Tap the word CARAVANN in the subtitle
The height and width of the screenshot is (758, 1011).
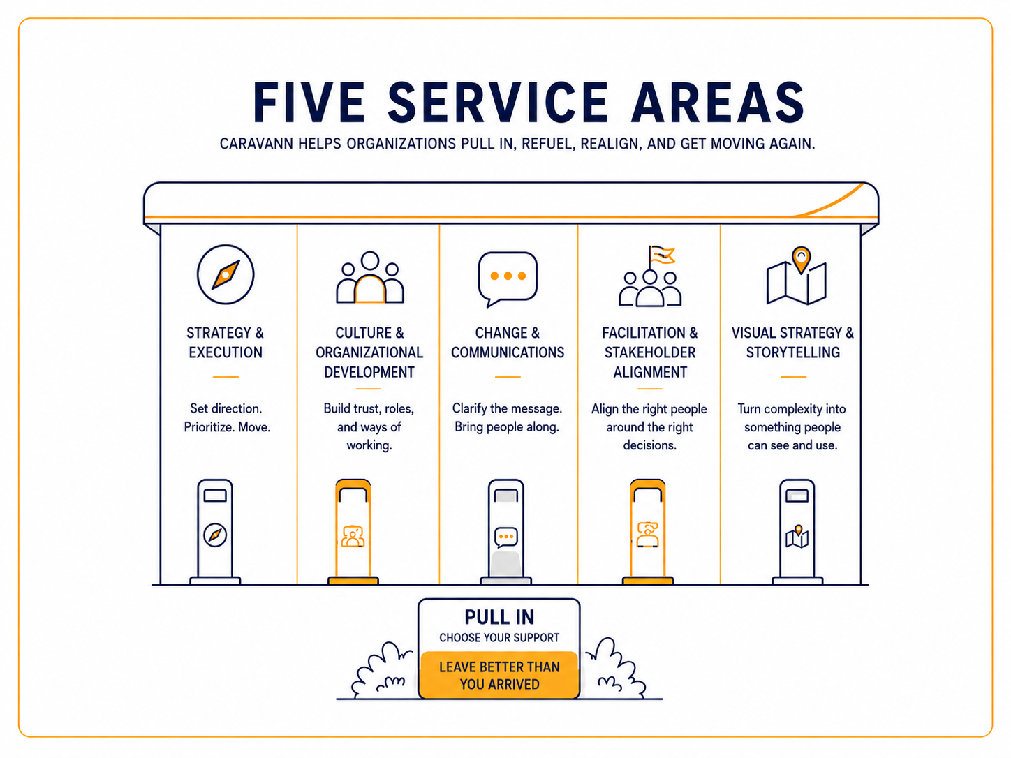256,144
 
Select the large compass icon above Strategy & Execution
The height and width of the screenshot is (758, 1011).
226,274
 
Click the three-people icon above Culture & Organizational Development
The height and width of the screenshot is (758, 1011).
370,277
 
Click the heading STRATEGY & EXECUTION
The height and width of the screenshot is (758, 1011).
226,343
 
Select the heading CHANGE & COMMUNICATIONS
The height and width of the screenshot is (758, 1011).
508,343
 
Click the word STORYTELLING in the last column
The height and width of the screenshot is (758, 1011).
792,352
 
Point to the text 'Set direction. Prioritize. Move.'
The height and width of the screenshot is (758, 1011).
227,417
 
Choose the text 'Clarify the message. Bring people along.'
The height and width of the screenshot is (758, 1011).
507,417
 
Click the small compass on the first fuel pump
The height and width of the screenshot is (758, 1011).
215,535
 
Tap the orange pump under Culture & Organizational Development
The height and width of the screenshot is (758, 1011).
353,532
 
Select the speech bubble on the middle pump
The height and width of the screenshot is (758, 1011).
506,537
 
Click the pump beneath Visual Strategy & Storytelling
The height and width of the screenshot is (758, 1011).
797,532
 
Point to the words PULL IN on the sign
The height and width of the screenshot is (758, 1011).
499,617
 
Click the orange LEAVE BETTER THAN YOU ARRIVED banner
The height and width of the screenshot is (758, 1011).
499,675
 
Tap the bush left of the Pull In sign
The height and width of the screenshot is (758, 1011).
383,671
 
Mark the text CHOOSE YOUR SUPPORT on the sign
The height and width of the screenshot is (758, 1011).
499,638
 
